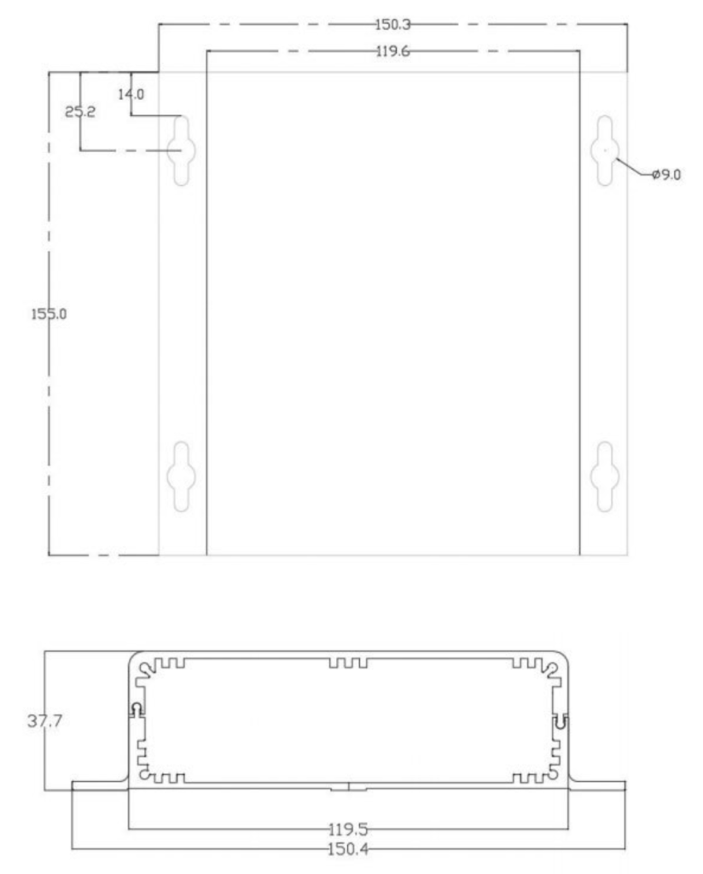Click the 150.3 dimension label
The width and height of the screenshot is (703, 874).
392,25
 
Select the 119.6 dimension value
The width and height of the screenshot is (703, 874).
392,51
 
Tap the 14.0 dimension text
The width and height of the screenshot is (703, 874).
131,94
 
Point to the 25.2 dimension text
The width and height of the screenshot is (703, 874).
80,112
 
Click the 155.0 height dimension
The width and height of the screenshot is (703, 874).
49,314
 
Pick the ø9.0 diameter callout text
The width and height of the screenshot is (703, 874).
666,175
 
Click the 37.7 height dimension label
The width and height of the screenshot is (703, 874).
44,720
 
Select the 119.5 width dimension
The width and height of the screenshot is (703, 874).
348,830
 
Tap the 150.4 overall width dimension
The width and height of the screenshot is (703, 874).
348,849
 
